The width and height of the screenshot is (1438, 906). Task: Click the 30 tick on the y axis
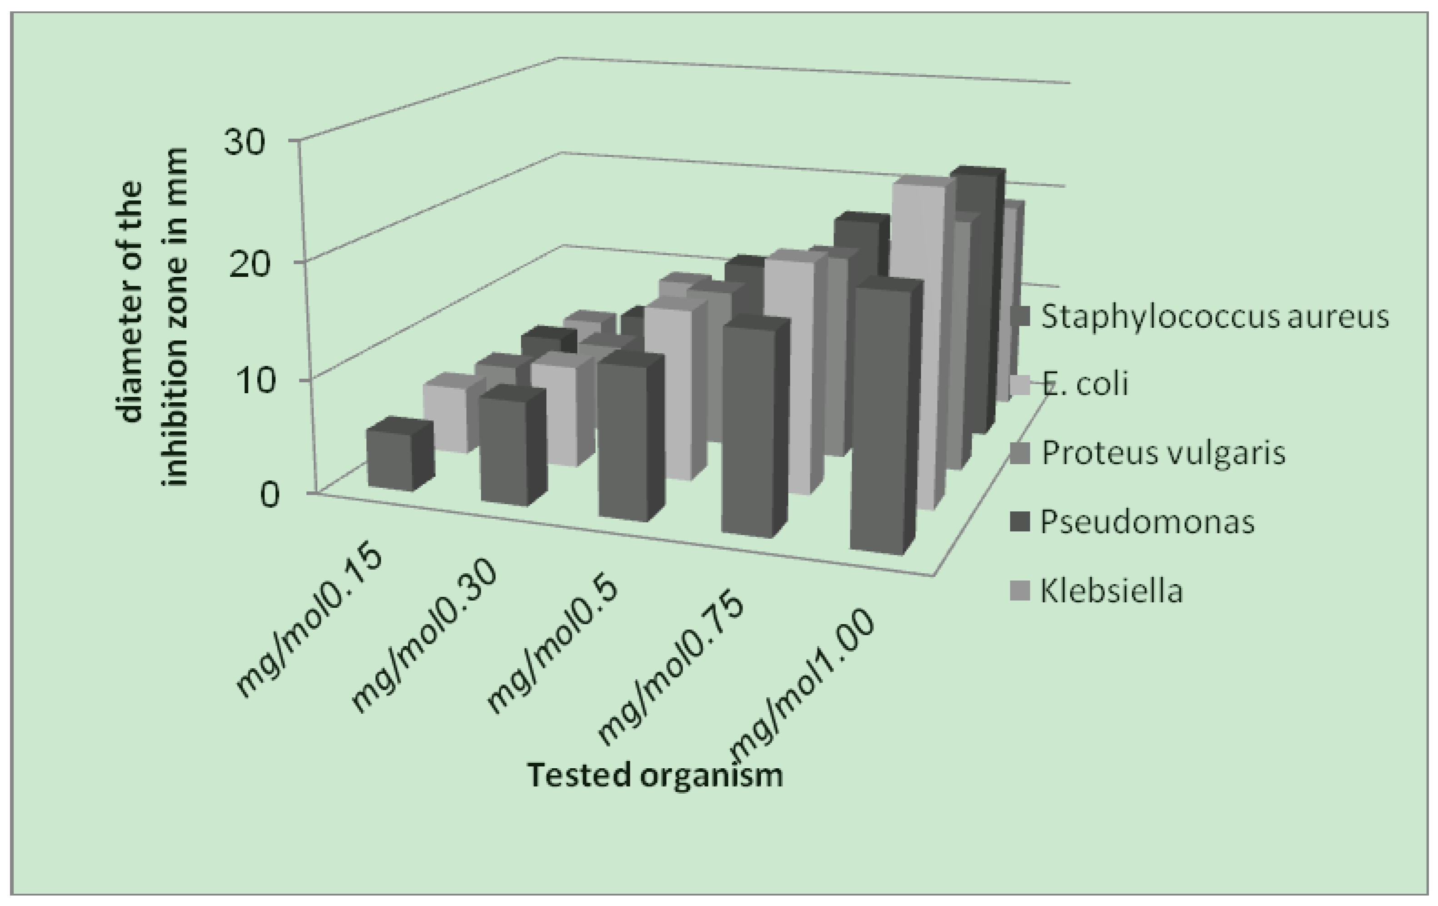tap(244, 143)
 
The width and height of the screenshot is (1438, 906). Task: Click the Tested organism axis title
tap(655, 775)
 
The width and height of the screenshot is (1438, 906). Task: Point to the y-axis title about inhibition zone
tap(153, 316)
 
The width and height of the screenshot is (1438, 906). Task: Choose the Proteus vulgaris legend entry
tap(1162, 453)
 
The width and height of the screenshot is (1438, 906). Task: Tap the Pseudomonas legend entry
tap(1147, 522)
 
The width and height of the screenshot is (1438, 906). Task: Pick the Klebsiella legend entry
tap(1111, 591)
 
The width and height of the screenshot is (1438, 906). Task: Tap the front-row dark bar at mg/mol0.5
tap(624, 439)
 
